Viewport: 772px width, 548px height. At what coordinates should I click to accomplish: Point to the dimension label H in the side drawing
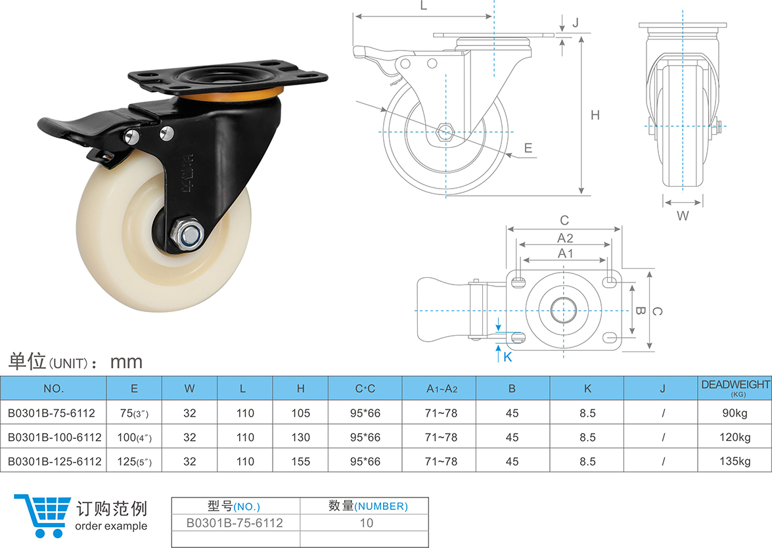pyautogui.click(x=595, y=115)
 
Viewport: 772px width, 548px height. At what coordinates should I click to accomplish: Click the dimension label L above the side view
pyautogui.click(x=424, y=6)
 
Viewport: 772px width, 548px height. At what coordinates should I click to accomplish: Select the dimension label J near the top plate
pyautogui.click(x=576, y=22)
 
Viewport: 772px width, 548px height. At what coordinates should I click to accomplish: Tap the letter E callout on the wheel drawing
pyautogui.click(x=528, y=148)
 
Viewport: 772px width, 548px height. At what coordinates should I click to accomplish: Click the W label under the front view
pyautogui.click(x=683, y=216)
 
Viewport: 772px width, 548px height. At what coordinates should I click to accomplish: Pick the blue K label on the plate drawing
pyautogui.click(x=507, y=357)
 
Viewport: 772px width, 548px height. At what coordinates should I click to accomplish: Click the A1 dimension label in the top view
pyautogui.click(x=566, y=253)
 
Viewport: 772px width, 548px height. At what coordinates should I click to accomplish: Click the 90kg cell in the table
pyautogui.click(x=735, y=413)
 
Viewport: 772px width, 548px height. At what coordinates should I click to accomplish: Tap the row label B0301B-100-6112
pyautogui.click(x=54, y=437)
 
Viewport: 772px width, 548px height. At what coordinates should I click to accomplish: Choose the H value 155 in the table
pyautogui.click(x=300, y=461)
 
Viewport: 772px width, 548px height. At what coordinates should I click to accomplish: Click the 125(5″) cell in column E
pyautogui.click(x=134, y=461)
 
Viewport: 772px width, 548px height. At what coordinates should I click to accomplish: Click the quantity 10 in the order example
pyautogui.click(x=367, y=522)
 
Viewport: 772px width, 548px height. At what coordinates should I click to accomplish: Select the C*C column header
pyautogui.click(x=365, y=388)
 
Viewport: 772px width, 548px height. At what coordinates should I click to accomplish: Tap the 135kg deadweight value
pyautogui.click(x=735, y=461)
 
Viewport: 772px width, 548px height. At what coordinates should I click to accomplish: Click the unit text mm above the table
pyautogui.click(x=126, y=361)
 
